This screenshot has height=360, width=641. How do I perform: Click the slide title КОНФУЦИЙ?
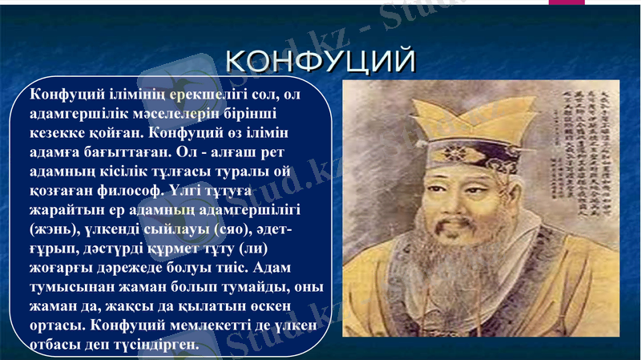click(320, 61)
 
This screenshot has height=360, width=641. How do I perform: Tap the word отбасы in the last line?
click(57, 345)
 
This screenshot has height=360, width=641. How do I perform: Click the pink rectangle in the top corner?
click(566, 2)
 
